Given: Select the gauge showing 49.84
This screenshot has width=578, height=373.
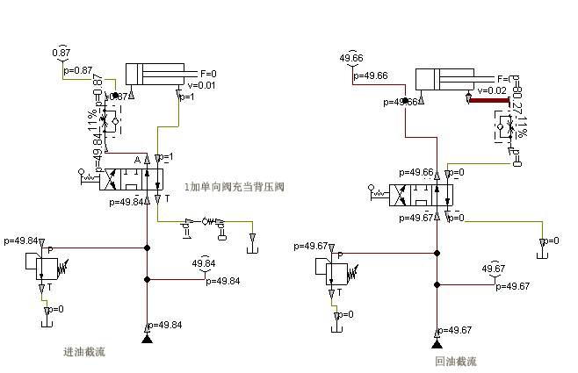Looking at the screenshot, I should pos(204,263).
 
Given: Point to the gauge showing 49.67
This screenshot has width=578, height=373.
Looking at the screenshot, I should pos(494,269).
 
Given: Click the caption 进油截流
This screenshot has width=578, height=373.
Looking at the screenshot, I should pos(84,352).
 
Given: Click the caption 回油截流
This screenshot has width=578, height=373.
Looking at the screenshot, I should pos(456,361).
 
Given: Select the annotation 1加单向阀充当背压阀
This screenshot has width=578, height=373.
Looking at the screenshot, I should pos(235,187).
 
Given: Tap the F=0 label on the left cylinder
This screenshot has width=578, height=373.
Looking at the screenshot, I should pos(208,74).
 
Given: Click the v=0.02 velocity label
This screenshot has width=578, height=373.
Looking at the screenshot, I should pos(491,90).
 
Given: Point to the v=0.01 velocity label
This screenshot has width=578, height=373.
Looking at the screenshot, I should pos(200,84).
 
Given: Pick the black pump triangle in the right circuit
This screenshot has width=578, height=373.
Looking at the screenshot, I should pos(437,343).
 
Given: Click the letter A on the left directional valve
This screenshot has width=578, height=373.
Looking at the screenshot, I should pos(137,160).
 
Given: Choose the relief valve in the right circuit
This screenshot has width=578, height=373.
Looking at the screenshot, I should pos(333,269).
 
